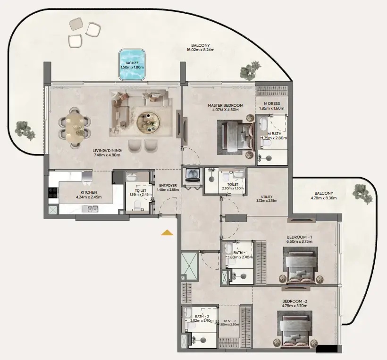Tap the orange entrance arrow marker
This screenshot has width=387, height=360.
coord(167,232)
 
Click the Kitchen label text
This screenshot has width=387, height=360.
coord(89,192)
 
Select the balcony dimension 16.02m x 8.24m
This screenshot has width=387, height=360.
coord(201,49)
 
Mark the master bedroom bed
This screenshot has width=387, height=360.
coord(235,137)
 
